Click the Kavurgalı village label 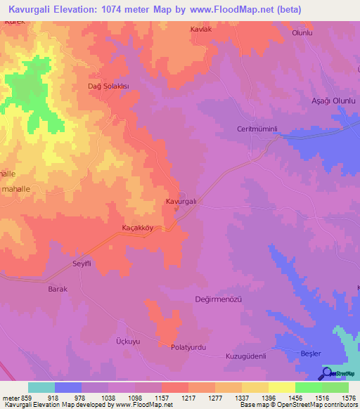180,202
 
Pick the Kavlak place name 200,30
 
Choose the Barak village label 57,289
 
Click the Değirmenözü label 218,299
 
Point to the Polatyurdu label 191,347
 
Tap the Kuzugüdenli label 245,356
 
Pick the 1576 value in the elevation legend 347,398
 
